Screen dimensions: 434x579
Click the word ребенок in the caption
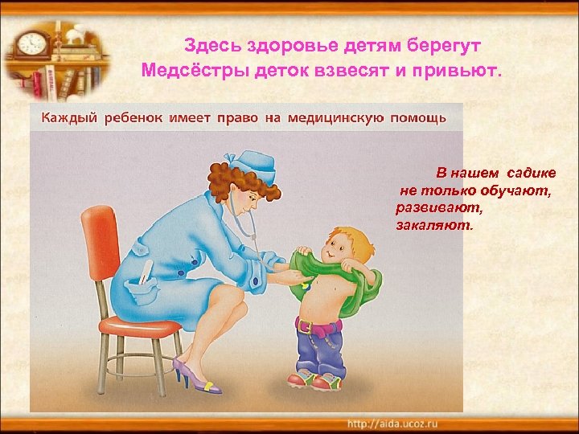pyautogui.click(x=134, y=118)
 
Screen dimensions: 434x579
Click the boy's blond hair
pyautogui.click(x=347, y=236)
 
